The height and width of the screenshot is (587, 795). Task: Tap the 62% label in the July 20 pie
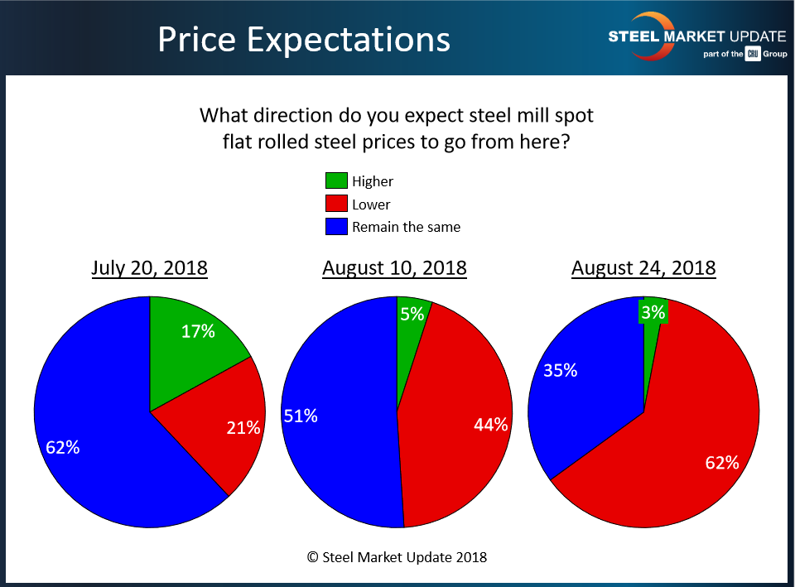[x=63, y=448]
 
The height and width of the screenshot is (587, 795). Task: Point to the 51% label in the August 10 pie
[x=301, y=416]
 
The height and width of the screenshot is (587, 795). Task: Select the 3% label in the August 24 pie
[x=653, y=312]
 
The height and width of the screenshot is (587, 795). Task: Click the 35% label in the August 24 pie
[x=560, y=371]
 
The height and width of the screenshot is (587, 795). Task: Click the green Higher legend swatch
[x=335, y=180]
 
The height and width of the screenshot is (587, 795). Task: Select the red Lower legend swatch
[x=335, y=204]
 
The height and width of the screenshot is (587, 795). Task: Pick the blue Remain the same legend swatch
[x=335, y=226]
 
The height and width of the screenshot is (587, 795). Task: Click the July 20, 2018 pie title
[x=149, y=268]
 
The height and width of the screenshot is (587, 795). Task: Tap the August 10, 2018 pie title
[x=394, y=268]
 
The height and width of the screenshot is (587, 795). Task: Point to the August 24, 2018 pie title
[x=643, y=268]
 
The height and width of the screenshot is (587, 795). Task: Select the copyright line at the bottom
[x=397, y=556]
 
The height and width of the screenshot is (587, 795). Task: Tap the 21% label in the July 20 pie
[x=243, y=428]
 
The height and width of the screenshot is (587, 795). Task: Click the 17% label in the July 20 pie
[x=198, y=332]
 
